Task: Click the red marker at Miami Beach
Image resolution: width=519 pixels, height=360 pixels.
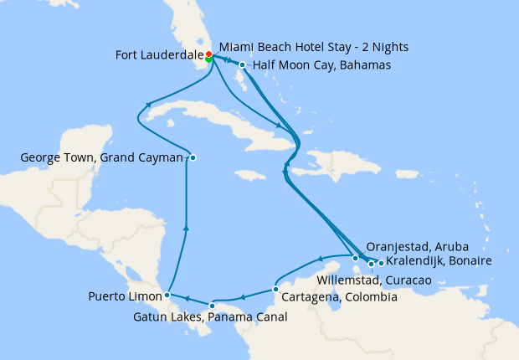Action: point(208,54)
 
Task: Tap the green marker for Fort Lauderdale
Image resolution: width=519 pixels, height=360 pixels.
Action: point(208,59)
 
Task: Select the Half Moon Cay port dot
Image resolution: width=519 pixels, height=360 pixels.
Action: point(242,65)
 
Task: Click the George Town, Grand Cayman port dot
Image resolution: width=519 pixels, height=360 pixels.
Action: point(193,157)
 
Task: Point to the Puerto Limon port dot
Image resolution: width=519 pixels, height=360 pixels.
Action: point(167,295)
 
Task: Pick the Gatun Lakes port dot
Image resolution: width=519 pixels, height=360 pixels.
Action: point(213,305)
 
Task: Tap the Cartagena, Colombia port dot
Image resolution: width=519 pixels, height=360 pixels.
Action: point(275,290)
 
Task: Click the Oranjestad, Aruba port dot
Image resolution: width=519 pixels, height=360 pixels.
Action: point(356,258)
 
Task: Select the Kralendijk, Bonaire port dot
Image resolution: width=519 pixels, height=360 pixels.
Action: point(381,263)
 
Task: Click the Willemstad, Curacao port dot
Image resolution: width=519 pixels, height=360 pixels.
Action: point(371,264)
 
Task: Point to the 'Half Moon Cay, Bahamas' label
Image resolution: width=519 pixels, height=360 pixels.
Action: point(321,65)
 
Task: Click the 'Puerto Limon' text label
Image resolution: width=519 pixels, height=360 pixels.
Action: point(125,296)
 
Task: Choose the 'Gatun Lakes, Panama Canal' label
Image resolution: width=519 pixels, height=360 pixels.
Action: point(210,317)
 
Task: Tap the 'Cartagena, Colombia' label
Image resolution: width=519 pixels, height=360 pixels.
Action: point(338,297)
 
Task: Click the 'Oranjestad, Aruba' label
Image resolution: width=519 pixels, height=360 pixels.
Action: point(417,247)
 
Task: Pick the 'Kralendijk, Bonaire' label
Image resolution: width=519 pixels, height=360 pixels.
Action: point(439,261)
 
